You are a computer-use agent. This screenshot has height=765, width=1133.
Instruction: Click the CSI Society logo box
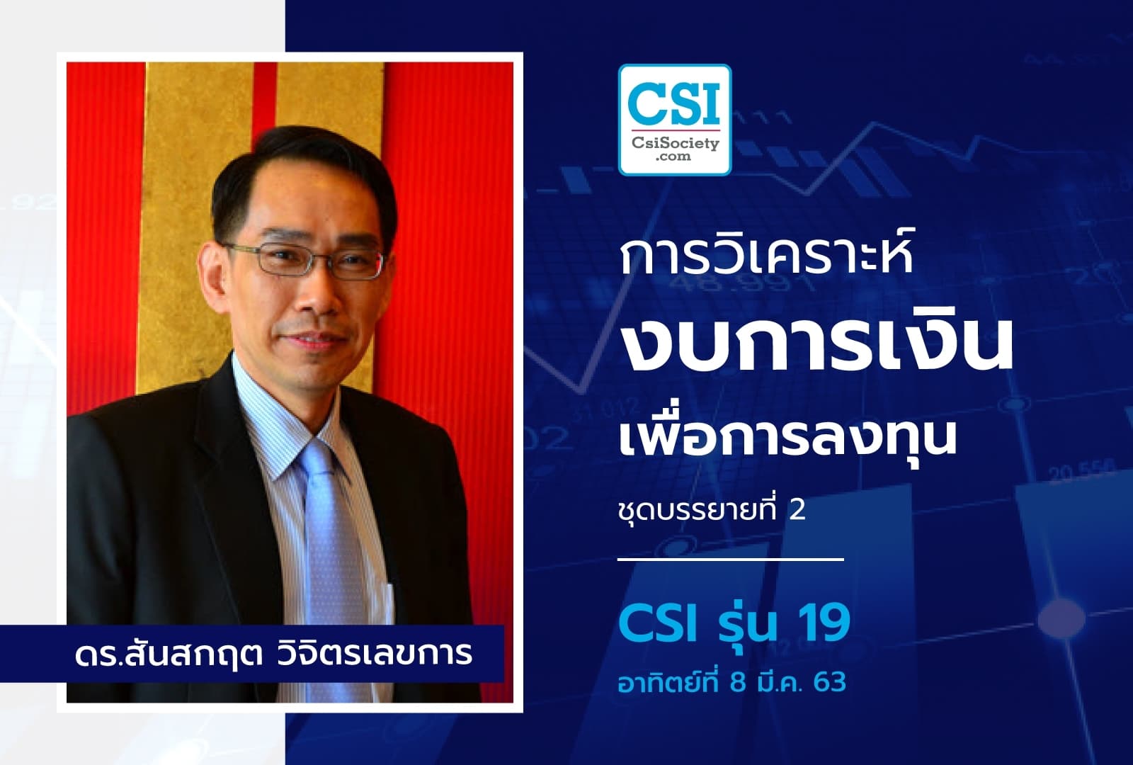coord(674,120)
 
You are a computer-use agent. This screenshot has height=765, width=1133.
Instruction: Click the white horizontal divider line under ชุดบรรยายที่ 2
coord(731,560)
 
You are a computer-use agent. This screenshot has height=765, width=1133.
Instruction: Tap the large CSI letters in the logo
coord(674,102)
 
